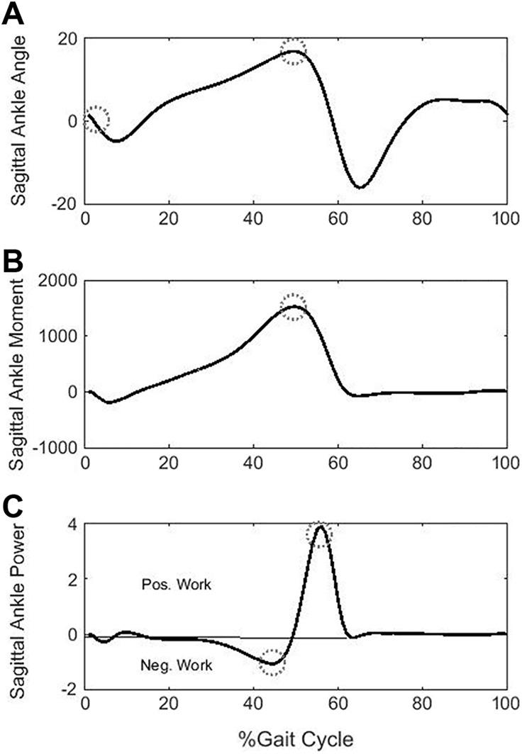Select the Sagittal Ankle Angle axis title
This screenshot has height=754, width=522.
click(18, 121)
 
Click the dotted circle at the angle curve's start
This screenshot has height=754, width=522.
click(96, 120)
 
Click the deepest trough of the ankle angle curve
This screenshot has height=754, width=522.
click(360, 188)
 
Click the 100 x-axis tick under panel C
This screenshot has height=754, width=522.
click(505, 706)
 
